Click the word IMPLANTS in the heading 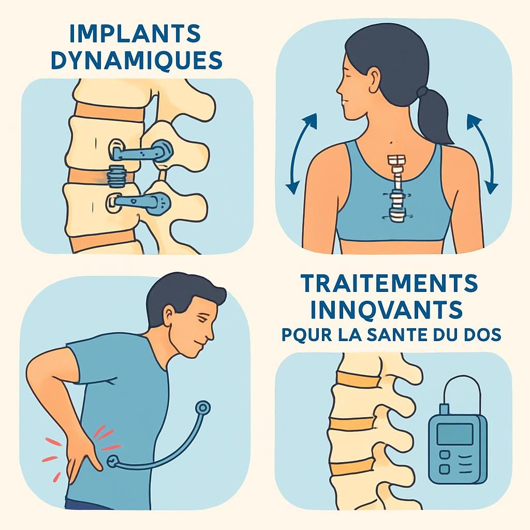point(134,35)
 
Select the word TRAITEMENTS point(389,284)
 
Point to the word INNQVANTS point(380,310)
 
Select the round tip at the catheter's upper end point(204,408)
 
